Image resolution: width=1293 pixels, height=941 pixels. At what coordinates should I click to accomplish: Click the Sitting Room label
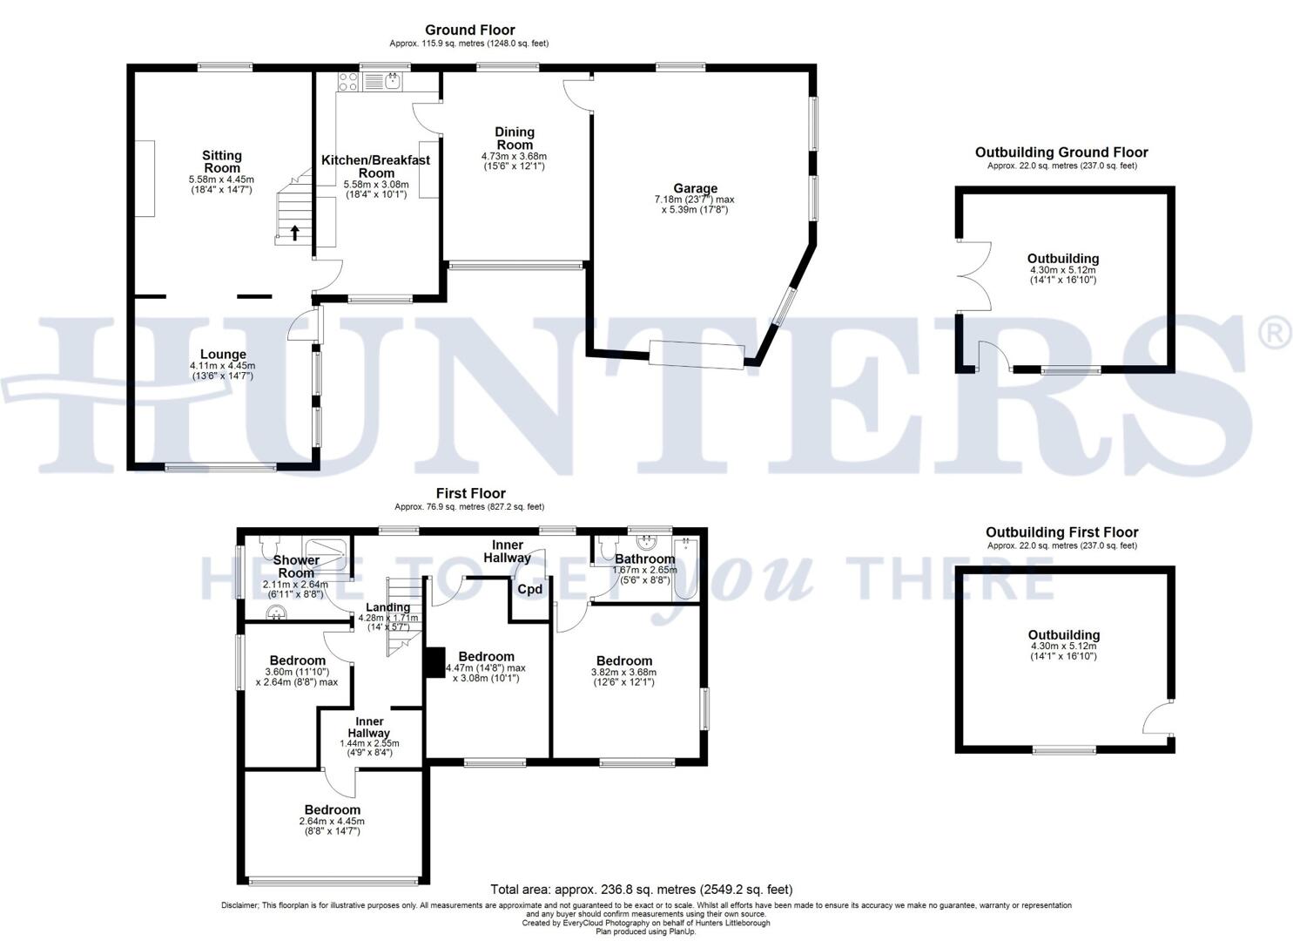[222, 161]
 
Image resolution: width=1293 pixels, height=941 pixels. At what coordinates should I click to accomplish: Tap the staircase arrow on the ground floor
[294, 232]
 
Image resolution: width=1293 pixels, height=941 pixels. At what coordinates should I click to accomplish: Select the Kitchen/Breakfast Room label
[375, 166]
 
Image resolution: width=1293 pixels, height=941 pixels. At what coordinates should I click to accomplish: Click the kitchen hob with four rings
[347, 82]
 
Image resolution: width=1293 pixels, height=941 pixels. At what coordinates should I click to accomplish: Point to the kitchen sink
[393, 82]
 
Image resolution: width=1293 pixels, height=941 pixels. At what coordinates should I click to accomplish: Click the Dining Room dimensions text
[514, 161]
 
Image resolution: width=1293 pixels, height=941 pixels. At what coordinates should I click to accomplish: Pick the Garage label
[695, 188]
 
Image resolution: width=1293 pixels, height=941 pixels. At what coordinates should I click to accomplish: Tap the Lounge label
[223, 355]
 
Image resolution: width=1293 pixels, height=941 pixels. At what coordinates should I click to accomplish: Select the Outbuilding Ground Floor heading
[1061, 152]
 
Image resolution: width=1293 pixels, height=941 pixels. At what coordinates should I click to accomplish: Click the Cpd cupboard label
[529, 589]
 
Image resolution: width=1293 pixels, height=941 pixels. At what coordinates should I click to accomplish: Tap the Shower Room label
[296, 566]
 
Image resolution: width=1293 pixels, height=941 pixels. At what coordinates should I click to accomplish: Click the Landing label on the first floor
[387, 607]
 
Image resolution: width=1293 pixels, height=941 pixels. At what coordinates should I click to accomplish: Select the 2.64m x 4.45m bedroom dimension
[333, 822]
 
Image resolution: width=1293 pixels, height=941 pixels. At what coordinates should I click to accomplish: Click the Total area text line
[642, 890]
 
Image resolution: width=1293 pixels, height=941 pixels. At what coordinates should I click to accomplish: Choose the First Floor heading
[470, 493]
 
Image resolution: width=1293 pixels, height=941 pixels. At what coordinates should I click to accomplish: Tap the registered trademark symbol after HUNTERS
[1274, 333]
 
